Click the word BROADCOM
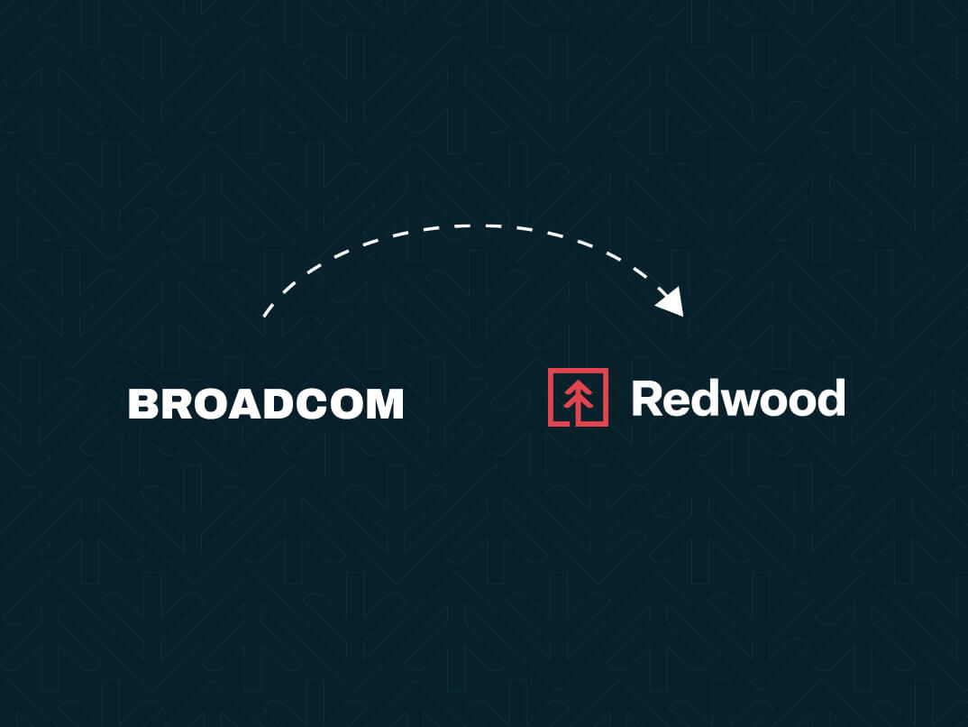(x=266, y=404)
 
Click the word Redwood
(x=738, y=399)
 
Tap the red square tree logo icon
(x=578, y=397)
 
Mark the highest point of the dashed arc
(x=472, y=226)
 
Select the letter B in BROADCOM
(x=143, y=404)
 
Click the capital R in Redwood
(x=648, y=399)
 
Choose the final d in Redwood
(x=831, y=399)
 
